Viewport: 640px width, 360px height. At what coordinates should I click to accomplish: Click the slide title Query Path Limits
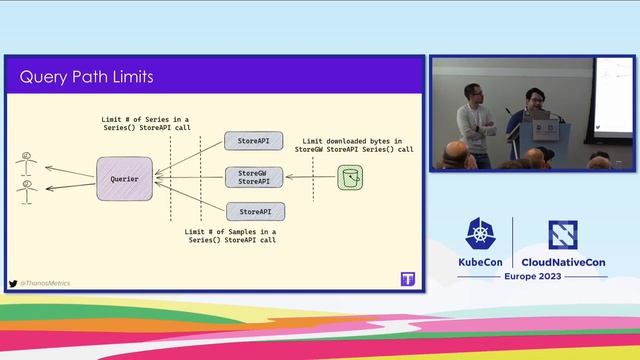87,77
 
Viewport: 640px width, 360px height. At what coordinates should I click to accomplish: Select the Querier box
124,178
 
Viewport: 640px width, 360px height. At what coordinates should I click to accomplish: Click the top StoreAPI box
255,141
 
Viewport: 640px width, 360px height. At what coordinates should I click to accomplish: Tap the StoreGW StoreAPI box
255,177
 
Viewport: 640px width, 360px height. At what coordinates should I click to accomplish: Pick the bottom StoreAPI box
255,211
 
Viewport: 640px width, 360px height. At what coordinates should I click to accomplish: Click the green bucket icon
350,178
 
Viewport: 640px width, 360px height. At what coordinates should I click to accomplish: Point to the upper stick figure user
26,159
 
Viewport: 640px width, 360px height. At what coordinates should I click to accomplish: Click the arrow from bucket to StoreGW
310,178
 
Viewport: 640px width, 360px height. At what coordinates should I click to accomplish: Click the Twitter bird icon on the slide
13,283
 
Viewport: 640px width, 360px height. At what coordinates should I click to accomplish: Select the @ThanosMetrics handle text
45,283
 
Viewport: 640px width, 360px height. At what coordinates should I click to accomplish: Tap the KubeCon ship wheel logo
477,234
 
